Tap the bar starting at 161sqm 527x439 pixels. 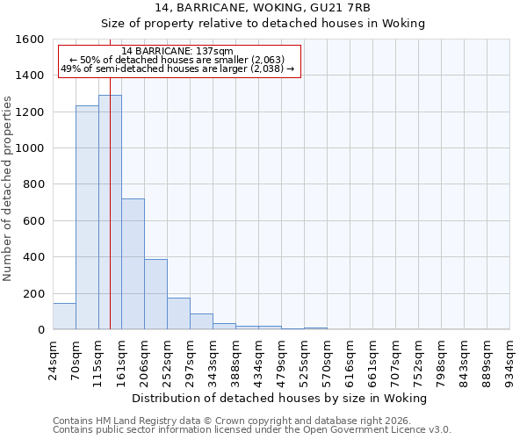click(133, 263)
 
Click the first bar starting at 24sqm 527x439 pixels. click(64, 317)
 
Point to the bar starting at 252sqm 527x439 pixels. click(178, 314)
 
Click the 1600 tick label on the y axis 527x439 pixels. click(30, 40)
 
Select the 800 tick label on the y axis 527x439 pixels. click(33, 184)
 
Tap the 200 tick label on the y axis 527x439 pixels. click(33, 294)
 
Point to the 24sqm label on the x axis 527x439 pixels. click(54, 359)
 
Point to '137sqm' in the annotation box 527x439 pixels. click(215, 52)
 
